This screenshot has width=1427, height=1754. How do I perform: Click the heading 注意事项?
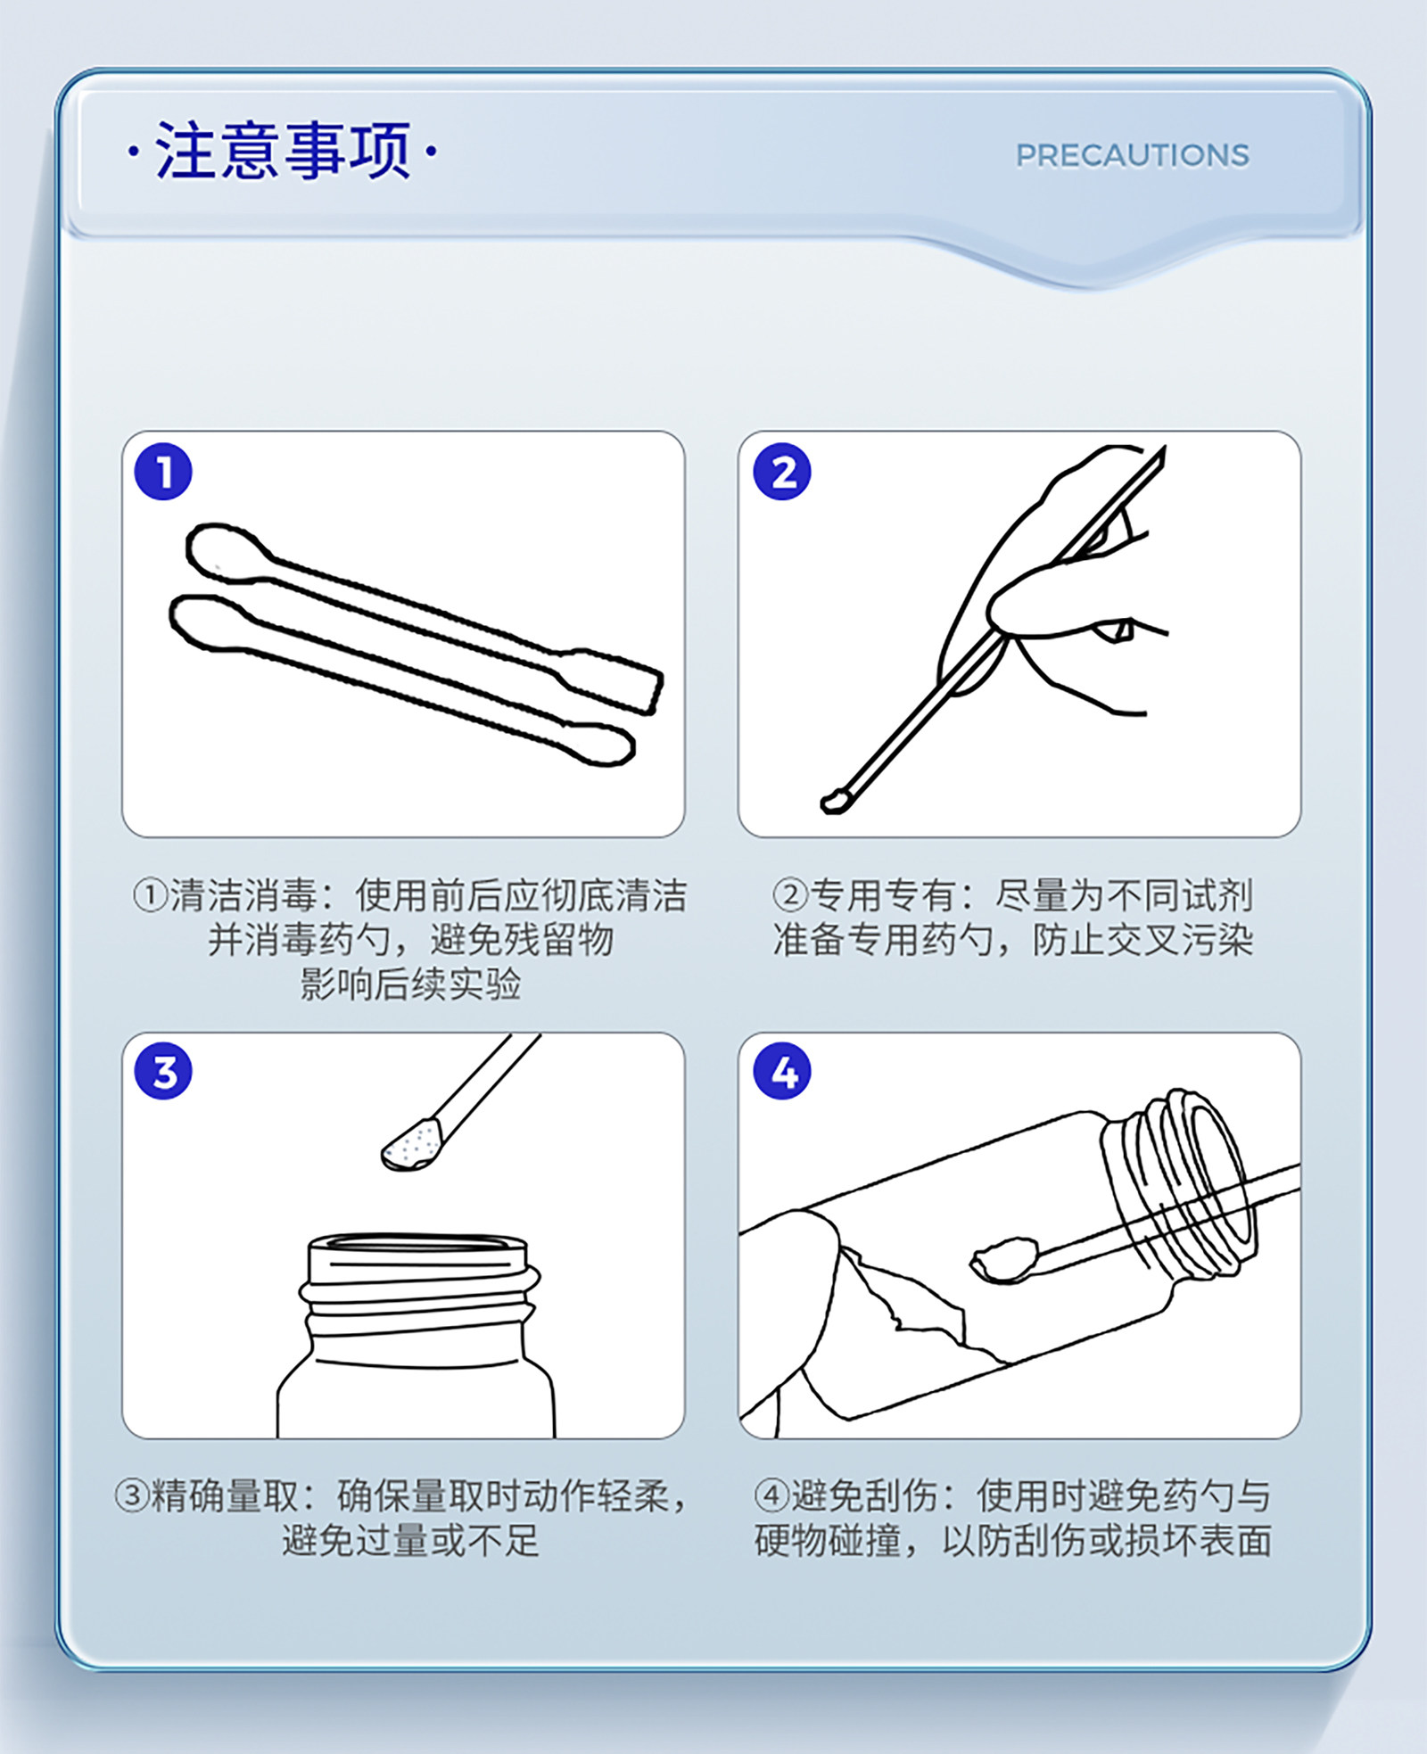pos(283,151)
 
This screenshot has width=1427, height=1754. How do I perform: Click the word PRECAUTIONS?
pos(1133,155)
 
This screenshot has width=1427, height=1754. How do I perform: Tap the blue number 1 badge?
pos(163,471)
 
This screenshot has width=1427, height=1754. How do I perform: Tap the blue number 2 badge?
pos(782,471)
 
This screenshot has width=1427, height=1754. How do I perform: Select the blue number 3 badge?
pos(163,1071)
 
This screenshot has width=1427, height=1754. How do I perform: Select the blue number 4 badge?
pos(782,1071)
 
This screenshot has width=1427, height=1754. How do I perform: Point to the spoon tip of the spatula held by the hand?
pos(834,801)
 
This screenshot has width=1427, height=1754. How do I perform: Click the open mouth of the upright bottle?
pos(417,1243)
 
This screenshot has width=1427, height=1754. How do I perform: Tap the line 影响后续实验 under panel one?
pos(410,984)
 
